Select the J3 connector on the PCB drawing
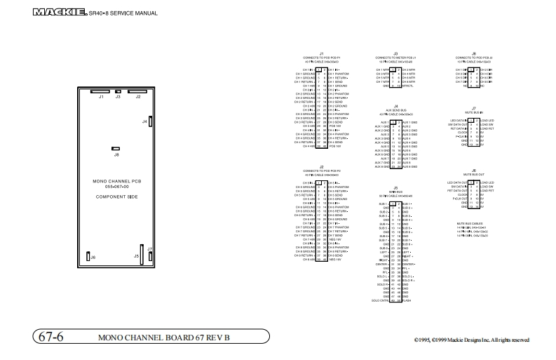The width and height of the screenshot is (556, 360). click(x=118, y=91)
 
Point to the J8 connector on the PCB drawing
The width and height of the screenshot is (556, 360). click(x=116, y=149)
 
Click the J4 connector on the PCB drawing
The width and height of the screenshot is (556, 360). click(x=151, y=121)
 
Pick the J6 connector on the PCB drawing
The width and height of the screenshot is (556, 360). click(x=88, y=257)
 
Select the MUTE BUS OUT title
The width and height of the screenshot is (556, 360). click(x=474, y=173)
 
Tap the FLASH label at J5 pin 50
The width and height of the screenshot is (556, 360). click(x=407, y=301)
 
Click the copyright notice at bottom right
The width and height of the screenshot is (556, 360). click(x=471, y=340)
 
